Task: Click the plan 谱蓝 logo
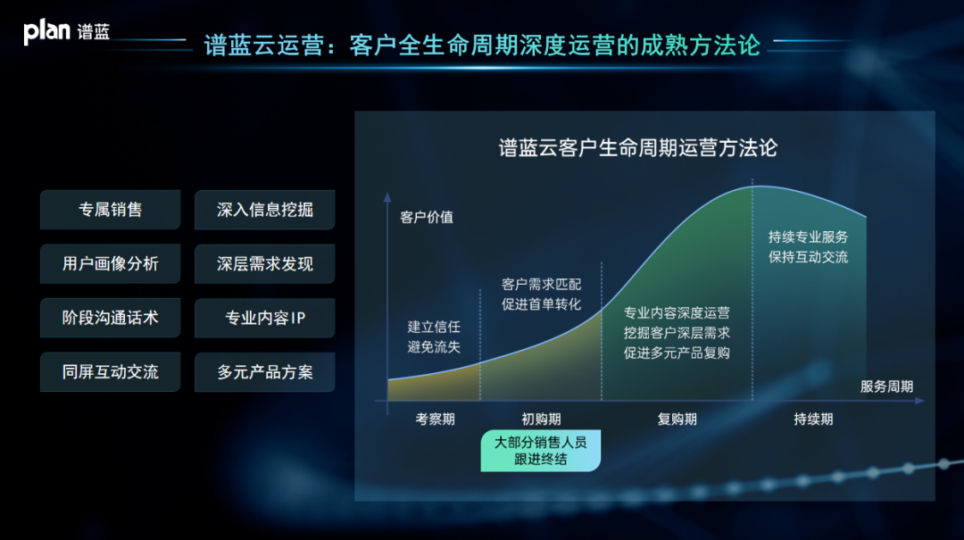coord(66,31)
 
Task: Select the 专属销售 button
coord(110,210)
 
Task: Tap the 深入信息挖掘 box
coord(264,210)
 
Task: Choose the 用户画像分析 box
coord(110,264)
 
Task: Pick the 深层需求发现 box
coord(264,264)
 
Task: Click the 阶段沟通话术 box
coord(110,318)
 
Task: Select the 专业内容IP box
coord(264,318)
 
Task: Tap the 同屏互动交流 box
coord(110,372)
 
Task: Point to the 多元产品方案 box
coord(264,372)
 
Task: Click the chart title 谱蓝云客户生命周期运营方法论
coord(637,147)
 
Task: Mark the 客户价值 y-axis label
coord(427,217)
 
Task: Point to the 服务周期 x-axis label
coord(886,386)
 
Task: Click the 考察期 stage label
coord(435,419)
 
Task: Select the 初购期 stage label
coord(541,419)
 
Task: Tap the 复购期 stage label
coord(677,419)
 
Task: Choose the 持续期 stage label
coord(813,419)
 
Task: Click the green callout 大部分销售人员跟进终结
coord(540,451)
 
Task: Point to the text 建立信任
coord(434,327)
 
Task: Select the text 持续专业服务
coord(808,237)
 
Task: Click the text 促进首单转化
coord(541,303)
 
